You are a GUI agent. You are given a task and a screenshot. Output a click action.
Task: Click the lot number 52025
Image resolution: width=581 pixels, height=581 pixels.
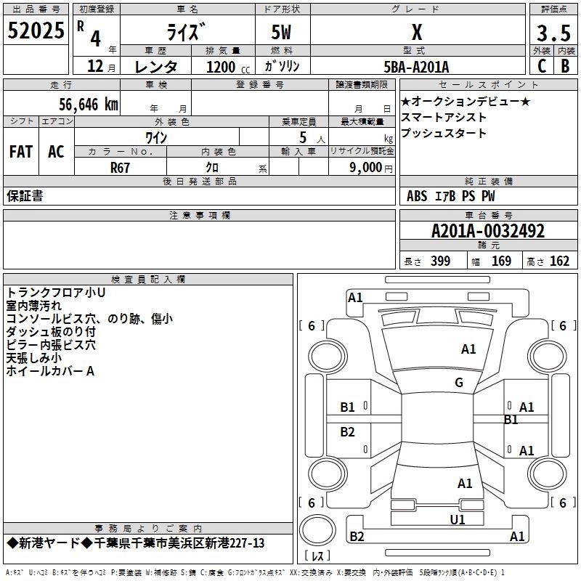(36, 31)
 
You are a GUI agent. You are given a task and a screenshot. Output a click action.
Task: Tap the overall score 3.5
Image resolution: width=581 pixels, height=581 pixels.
(553, 33)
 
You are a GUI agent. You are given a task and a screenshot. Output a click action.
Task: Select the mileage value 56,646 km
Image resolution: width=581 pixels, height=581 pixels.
(89, 105)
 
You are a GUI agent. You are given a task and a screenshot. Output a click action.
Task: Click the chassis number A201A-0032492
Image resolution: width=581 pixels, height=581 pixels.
(488, 231)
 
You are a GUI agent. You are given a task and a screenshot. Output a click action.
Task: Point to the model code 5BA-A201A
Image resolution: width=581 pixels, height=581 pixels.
(416, 67)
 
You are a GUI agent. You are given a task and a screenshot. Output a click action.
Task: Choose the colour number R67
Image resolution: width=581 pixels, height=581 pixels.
(120, 168)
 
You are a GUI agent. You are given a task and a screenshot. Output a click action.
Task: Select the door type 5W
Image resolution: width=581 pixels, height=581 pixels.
(281, 32)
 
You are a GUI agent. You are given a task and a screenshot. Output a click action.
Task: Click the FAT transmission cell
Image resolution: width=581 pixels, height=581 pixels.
(21, 152)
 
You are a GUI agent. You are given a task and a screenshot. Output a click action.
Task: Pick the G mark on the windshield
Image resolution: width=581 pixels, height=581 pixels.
(459, 383)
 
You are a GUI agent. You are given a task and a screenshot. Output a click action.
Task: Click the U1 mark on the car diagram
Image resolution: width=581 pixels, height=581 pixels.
(458, 520)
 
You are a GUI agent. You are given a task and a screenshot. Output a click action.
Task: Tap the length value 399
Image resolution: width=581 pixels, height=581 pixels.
(441, 261)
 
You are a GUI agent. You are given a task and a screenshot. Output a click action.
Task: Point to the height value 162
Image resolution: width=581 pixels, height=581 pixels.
(559, 261)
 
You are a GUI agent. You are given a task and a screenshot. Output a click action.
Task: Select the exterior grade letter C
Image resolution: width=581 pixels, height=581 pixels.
(542, 66)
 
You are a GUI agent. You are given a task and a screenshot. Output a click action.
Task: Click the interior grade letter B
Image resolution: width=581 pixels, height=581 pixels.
(566, 66)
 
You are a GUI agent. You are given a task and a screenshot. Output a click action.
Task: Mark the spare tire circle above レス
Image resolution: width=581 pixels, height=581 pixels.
(317, 530)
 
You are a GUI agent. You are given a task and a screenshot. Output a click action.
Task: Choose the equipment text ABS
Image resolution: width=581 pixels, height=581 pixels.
(417, 196)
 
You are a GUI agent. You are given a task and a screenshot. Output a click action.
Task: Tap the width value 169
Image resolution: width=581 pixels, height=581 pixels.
(501, 261)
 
